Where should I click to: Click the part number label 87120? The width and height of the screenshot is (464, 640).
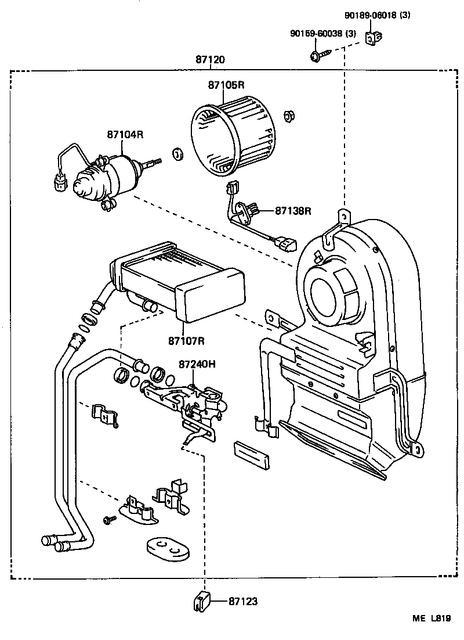[210, 60]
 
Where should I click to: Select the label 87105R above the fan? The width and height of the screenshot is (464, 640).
[226, 85]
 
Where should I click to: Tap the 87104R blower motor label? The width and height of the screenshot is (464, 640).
[125, 134]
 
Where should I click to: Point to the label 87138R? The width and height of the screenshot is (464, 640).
[293, 211]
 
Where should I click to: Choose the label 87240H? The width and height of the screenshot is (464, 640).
[197, 364]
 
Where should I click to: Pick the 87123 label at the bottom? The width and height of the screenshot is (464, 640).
[243, 602]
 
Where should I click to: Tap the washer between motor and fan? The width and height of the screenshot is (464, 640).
[177, 154]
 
